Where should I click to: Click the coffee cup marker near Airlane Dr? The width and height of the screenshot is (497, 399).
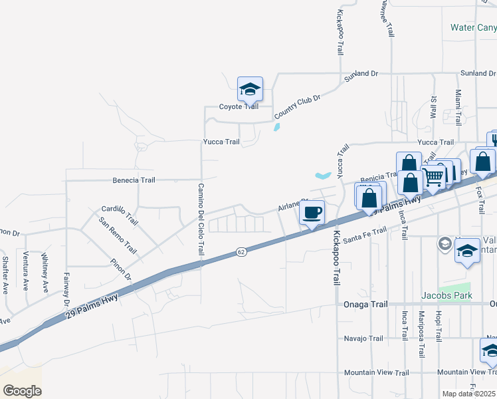(312, 213)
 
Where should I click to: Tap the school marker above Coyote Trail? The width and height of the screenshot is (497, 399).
(250, 89)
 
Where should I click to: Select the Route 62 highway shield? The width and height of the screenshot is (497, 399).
(241, 252)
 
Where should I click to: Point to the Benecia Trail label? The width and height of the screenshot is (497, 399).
(134, 180)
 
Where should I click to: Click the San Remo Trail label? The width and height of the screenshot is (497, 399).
(118, 235)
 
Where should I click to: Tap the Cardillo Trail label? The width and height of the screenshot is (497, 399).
(120, 215)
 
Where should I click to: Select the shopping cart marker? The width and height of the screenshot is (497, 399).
(433, 176)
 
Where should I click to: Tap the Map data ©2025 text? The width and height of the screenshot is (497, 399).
(468, 394)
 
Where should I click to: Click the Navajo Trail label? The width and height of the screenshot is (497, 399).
(363, 338)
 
